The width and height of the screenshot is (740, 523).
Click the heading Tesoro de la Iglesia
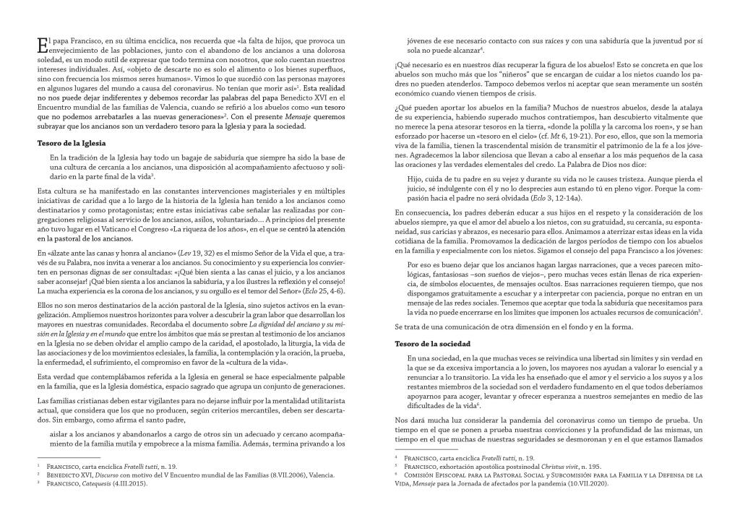coord(72,143)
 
